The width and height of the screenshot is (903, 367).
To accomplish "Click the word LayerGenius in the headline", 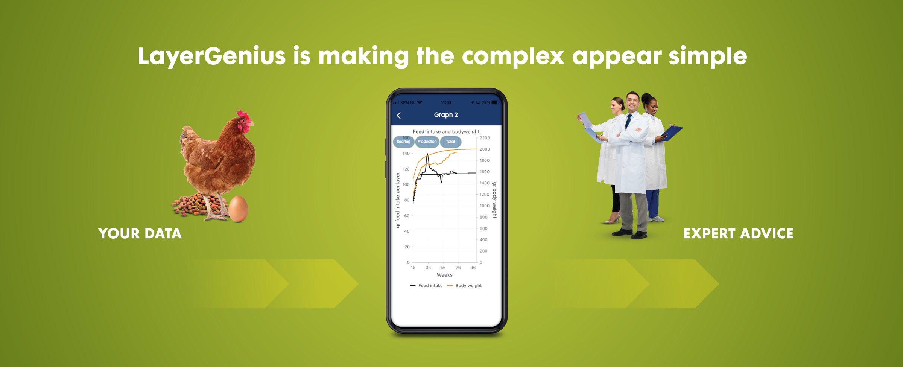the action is [x=211, y=56].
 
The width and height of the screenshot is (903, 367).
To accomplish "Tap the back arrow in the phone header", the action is [x=399, y=116].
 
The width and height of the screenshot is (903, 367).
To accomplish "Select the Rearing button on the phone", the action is [x=404, y=142].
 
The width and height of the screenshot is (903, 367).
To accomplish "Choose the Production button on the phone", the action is [x=427, y=142].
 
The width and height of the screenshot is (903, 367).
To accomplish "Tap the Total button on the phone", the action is [x=450, y=142].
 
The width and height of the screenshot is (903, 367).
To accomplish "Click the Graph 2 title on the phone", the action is [x=446, y=115].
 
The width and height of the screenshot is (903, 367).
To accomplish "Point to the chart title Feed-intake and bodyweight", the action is [x=446, y=132].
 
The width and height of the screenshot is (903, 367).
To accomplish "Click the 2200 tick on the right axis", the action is [x=485, y=138].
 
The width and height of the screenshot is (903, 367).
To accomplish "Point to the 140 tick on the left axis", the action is [x=406, y=154].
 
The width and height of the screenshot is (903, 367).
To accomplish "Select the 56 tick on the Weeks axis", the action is [x=443, y=268].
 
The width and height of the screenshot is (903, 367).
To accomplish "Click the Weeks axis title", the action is [x=445, y=275].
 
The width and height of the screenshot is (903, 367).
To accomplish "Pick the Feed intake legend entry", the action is [x=426, y=286].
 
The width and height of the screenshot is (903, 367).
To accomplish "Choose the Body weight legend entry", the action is [x=464, y=286].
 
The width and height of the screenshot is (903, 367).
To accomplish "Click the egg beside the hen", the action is [x=238, y=209].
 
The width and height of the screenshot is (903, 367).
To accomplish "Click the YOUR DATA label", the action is [x=140, y=234].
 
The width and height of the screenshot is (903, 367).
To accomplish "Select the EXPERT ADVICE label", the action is [x=738, y=234].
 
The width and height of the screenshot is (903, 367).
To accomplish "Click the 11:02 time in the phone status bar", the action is [x=446, y=102].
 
